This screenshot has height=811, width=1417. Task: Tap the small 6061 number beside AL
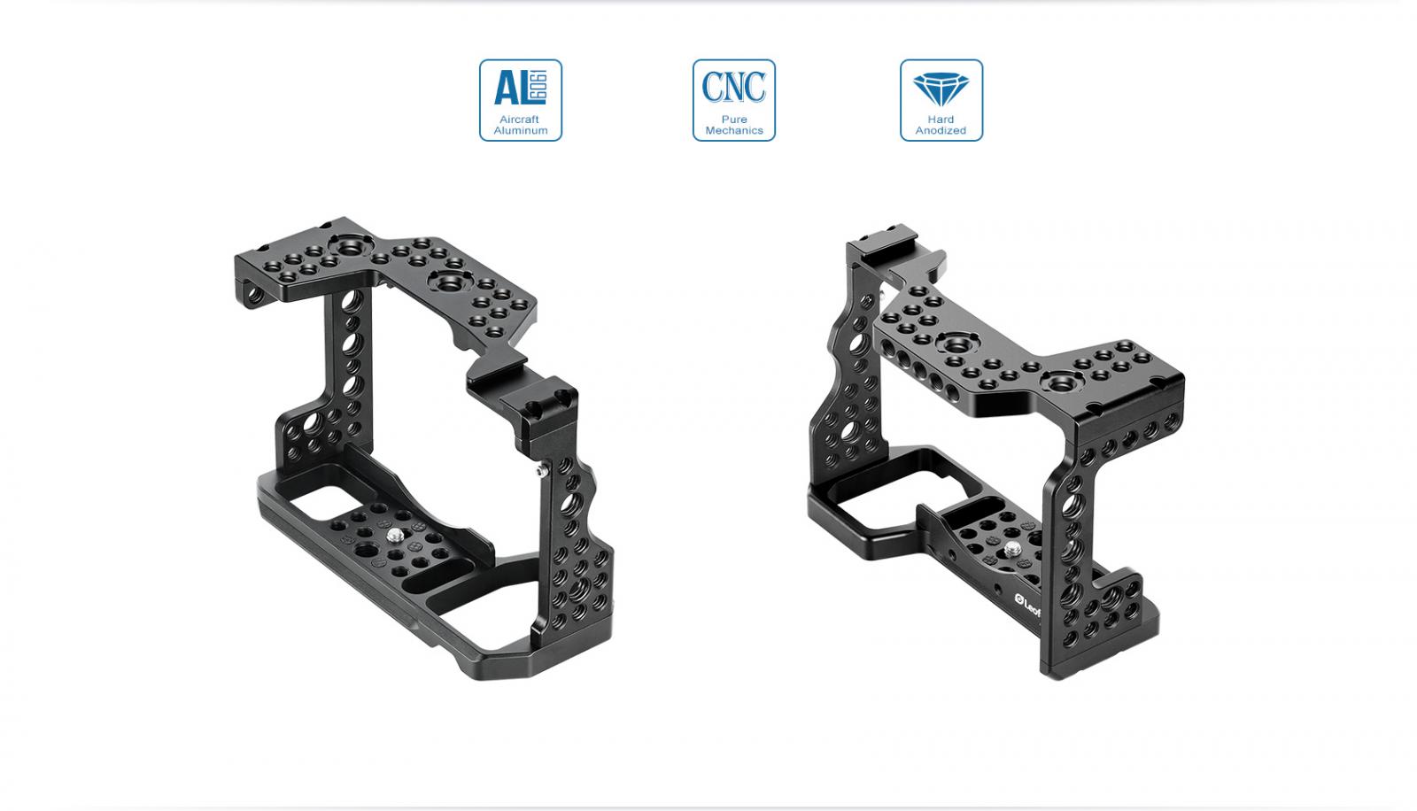click(538, 88)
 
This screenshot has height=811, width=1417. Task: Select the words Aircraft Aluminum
click(521, 125)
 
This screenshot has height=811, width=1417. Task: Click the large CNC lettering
click(734, 87)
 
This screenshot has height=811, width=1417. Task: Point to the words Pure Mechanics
click(734, 125)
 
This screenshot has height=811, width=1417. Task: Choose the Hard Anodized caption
click(941, 125)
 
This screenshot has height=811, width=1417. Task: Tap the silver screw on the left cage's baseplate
click(395, 536)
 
